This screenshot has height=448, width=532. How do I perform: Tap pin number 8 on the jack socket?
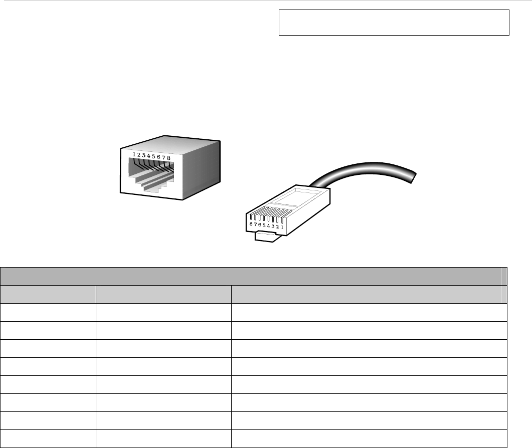169,158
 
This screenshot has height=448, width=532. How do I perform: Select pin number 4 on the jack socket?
148,156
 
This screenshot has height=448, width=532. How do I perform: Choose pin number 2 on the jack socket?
139,155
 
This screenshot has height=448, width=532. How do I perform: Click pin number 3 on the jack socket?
144,155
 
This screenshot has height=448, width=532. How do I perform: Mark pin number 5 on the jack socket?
153,156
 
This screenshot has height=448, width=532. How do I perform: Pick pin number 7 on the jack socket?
164,157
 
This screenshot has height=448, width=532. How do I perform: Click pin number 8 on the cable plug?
251,224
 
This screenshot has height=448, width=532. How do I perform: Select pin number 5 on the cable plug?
264,226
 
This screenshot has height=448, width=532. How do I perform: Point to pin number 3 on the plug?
274,227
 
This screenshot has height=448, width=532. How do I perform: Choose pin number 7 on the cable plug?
255,225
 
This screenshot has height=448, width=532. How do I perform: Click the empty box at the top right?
394,23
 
